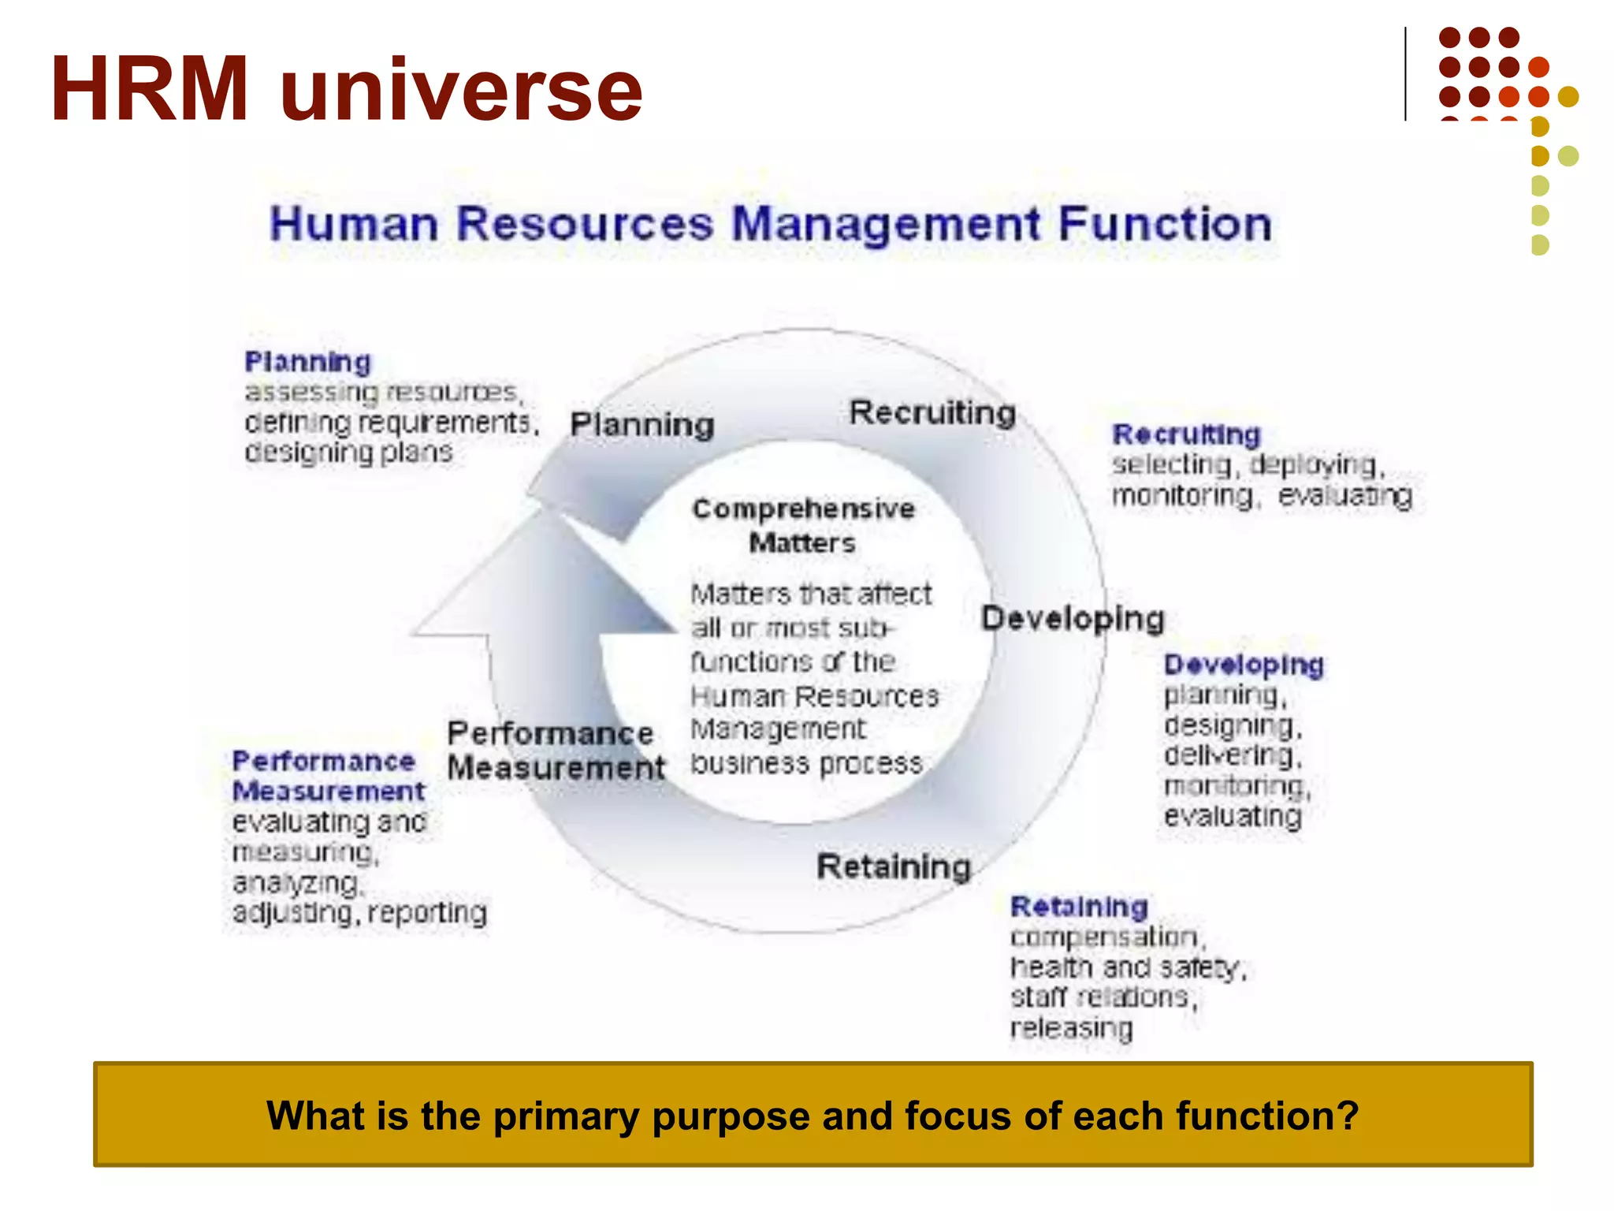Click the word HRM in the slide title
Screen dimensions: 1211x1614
click(150, 88)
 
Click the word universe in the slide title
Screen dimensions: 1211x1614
click(461, 93)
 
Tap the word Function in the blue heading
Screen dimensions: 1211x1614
click(1165, 224)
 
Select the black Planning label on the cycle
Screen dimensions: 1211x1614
click(642, 425)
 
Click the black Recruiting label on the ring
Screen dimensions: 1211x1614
click(932, 412)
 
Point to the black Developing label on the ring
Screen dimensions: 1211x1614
click(1073, 619)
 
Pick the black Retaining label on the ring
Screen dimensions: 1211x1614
click(894, 866)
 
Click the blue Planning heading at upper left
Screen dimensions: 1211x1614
click(307, 362)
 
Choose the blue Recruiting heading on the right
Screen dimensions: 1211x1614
click(1186, 434)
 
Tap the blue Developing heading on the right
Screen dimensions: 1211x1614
click(1244, 665)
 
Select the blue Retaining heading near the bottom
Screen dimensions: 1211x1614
click(1079, 907)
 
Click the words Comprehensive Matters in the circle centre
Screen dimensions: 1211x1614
click(803, 526)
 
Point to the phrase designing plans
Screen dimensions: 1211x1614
click(348, 453)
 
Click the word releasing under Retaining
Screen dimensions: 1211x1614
click(1071, 1028)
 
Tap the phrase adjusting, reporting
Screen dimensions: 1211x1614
click(359, 913)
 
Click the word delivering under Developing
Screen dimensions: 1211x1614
click(1232, 755)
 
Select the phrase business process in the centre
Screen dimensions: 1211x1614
click(806, 763)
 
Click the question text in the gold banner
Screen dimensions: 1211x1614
click(813, 1116)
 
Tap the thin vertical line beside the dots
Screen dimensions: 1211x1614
click(1405, 74)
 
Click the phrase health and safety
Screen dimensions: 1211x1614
click(1127, 967)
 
